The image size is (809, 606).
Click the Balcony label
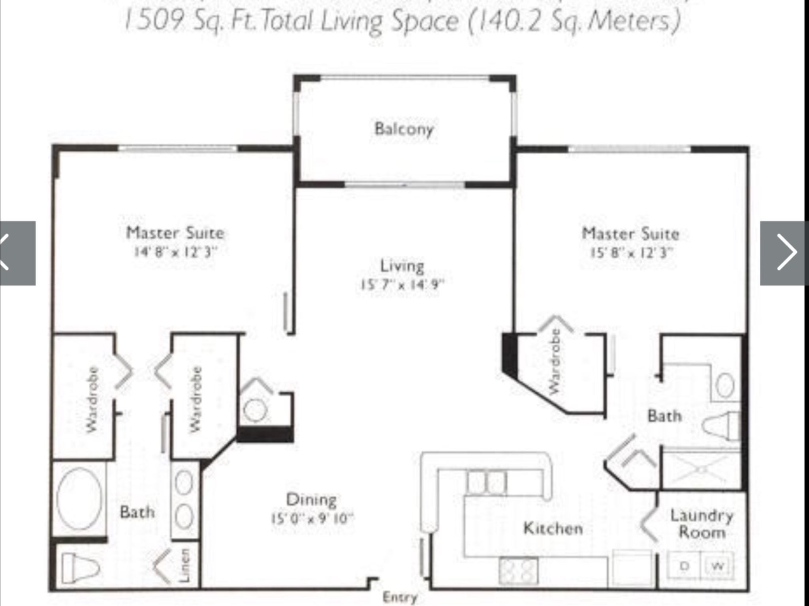404,129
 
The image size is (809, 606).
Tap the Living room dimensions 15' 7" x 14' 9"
402,284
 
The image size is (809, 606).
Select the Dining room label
311,500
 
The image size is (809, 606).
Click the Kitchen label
553,528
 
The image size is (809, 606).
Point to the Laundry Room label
702,524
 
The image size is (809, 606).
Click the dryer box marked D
684,566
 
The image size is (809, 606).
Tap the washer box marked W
718,566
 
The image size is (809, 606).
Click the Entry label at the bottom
400,597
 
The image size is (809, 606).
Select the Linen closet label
185,565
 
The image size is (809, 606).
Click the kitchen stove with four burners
519,570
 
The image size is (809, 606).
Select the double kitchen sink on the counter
486,482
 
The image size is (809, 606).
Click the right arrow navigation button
784,253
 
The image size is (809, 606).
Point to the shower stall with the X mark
701,469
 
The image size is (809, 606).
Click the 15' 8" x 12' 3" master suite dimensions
631,252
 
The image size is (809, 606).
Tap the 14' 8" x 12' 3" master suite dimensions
175,252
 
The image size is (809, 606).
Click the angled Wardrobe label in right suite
555,361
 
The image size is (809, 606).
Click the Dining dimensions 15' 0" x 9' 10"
312,518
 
